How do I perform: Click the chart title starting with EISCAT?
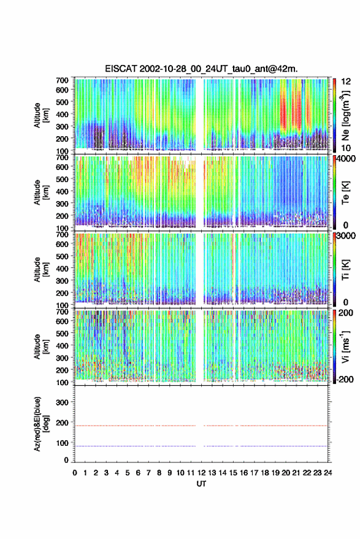point(202,69)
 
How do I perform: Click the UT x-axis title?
point(201,484)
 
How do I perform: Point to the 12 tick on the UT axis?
point(201,473)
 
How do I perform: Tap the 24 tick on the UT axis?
point(327,473)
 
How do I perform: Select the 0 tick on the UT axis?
point(75,473)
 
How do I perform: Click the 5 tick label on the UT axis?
point(128,473)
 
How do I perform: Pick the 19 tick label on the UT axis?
point(275,473)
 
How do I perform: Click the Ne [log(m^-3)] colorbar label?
point(345,115)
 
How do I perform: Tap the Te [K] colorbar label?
point(345,193)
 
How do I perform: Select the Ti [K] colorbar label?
point(345,270)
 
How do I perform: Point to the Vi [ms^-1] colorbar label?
point(345,346)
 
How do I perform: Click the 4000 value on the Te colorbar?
point(347,158)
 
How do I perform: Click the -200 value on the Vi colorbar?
point(344,380)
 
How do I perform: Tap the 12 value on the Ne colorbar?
point(346,82)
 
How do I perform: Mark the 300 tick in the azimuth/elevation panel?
point(62,402)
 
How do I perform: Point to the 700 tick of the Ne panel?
point(62,80)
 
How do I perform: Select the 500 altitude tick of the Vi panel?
point(62,333)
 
